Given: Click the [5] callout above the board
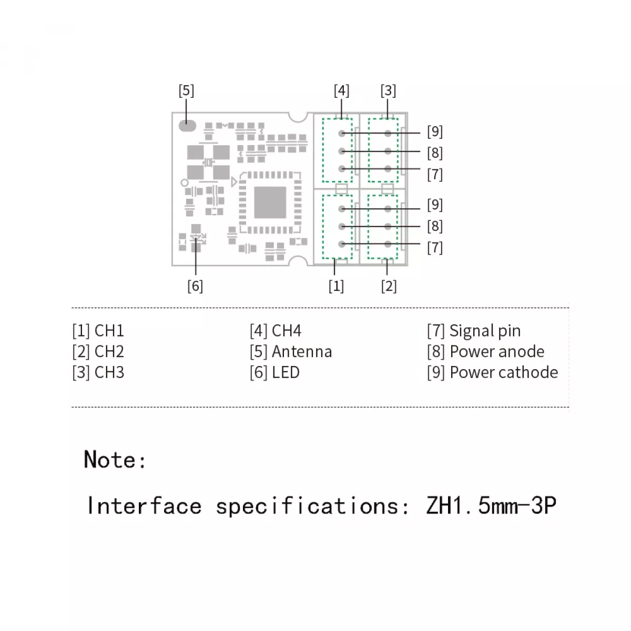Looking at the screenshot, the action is pos(186,90).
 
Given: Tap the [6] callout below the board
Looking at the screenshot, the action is pos(195,286).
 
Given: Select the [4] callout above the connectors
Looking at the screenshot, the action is pos(342,90).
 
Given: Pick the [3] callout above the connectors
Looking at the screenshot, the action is pos(388,90).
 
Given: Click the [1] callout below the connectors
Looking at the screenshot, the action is pos(337,286).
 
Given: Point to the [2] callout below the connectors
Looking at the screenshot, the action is pos(389,286).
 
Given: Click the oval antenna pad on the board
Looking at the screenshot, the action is pos(187,126).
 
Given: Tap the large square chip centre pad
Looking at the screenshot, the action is pos(270,202).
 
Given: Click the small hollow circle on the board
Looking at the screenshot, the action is pos(185,182).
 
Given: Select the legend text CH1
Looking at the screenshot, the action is pos(109,331).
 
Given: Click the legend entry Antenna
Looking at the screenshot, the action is pos(302,352).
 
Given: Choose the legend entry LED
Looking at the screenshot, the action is pos(286,373).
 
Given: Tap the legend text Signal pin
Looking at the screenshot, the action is pos(485,331).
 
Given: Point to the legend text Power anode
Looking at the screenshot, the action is pos(497,352).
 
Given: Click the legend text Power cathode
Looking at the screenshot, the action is pos(504,373).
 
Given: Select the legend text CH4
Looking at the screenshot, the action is pos(287,331).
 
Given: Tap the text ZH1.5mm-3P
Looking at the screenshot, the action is pos(491,506).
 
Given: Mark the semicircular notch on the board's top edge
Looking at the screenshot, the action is pos(298,117).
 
